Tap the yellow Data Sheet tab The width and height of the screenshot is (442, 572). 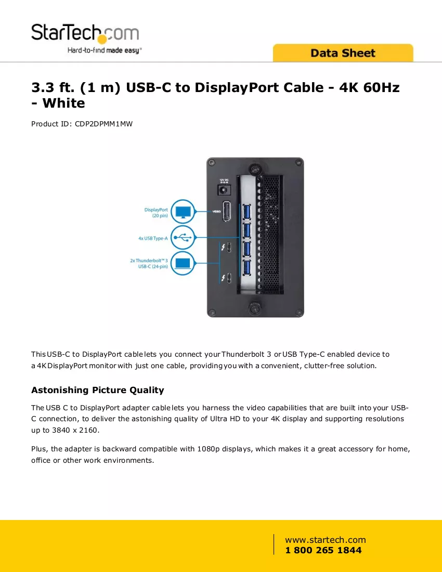click(x=343, y=53)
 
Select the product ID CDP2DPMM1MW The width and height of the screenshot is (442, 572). click(x=103, y=124)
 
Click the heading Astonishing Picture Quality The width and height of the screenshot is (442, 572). click(x=98, y=390)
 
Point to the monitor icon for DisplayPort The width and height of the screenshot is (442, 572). click(x=183, y=212)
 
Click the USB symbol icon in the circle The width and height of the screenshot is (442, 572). click(x=183, y=238)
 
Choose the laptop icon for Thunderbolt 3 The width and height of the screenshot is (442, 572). click(x=183, y=263)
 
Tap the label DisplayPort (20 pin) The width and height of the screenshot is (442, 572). click(x=156, y=213)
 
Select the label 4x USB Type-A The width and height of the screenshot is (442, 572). click(x=153, y=238)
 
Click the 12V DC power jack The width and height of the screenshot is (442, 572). click(x=224, y=190)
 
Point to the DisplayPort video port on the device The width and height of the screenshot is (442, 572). click(x=227, y=211)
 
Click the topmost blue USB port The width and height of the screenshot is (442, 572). click(x=247, y=212)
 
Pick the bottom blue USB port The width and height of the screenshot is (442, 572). click(x=247, y=267)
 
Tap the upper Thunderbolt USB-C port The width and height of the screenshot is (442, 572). click(x=229, y=248)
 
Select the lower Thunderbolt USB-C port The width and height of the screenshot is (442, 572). click(x=229, y=278)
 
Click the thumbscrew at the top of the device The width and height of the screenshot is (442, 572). click(x=255, y=169)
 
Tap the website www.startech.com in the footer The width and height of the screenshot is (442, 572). click(x=326, y=540)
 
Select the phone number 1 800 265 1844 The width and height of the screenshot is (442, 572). click(x=323, y=550)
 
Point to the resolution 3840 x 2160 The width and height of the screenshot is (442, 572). click(x=75, y=430)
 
